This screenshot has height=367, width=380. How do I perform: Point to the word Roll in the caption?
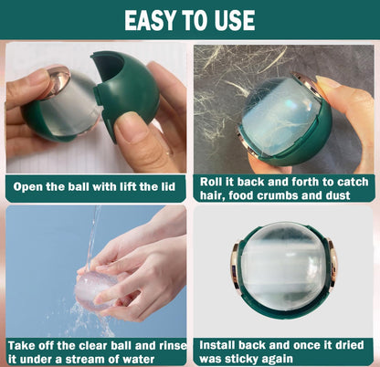(x=214, y=180)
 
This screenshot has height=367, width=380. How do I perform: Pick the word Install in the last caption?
(x=222, y=346)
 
